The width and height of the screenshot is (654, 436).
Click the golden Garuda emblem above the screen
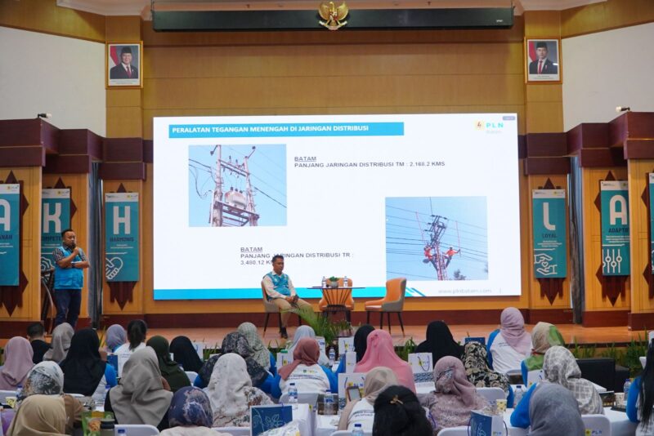[x=333, y=14]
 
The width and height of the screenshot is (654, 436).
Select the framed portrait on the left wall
[x=124, y=65]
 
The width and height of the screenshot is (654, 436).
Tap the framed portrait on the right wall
[x=542, y=60]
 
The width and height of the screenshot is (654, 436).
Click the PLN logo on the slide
[x=490, y=127]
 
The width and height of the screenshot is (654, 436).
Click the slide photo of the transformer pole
[x=237, y=185]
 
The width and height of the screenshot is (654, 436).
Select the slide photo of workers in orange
[x=436, y=238]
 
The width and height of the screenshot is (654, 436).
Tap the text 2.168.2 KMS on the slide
[x=427, y=164]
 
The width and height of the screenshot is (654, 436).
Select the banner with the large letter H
[x=121, y=237]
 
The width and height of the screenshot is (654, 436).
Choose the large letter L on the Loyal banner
[x=549, y=216]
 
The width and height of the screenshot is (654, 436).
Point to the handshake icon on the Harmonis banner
[x=114, y=266]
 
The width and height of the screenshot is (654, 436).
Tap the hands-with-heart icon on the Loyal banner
[x=546, y=263]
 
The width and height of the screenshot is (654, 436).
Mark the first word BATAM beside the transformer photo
[x=305, y=158]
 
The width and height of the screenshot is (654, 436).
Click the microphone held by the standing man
[x=74, y=246]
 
